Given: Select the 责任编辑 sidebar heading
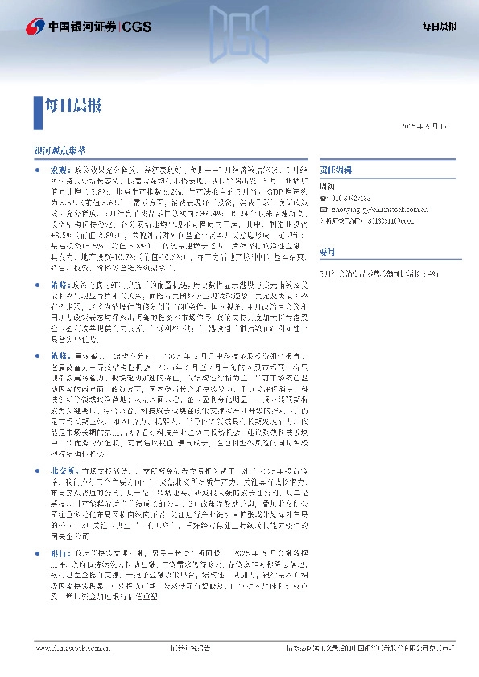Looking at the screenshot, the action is click(x=335, y=171).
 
